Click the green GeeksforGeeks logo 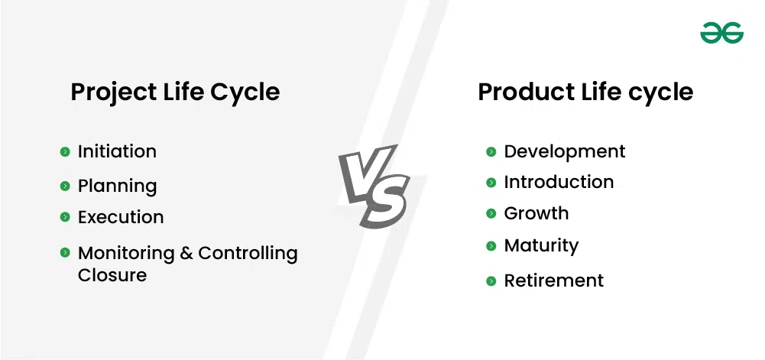coord(721,33)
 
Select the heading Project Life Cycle coord(175,92)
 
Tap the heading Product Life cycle coord(585,92)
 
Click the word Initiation coord(117,151)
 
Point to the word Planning coord(118,186)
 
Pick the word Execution coord(121,217)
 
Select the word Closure coord(112,275)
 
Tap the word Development coord(565,151)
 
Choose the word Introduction coord(559,182)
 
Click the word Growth coord(536,214)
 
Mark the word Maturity coord(541,246)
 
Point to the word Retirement coord(554,281)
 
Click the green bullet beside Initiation coord(65,151)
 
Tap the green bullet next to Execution coord(65,216)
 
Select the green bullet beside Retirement coord(491,281)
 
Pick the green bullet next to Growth coord(491,214)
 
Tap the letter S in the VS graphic coord(384,201)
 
